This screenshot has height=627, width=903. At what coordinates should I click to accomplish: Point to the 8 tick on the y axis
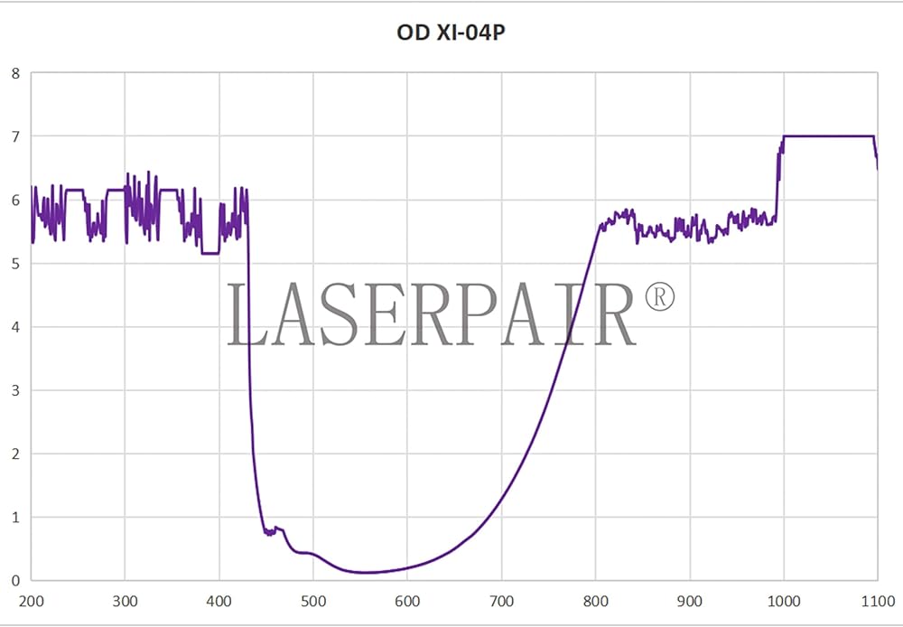[14, 73]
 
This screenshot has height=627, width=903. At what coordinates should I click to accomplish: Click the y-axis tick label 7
[14, 136]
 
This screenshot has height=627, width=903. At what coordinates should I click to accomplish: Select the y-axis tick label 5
[14, 264]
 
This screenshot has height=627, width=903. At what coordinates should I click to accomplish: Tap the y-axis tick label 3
[14, 390]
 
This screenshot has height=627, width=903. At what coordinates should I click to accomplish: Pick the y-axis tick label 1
[14, 518]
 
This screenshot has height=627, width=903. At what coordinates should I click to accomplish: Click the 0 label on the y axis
[14, 581]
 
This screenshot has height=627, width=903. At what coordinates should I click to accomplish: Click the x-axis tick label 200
[32, 601]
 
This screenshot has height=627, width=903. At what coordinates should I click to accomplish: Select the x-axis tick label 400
[219, 601]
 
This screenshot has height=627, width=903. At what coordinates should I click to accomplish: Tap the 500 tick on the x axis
[313, 601]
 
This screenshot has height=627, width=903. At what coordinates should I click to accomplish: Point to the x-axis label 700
[501, 601]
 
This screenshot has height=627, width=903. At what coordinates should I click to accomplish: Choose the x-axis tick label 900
[690, 601]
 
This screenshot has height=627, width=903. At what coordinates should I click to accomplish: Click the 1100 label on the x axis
[877, 601]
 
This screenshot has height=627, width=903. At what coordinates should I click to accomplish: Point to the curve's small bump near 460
[278, 529]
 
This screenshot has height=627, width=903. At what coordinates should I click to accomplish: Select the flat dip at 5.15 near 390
[209, 254]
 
